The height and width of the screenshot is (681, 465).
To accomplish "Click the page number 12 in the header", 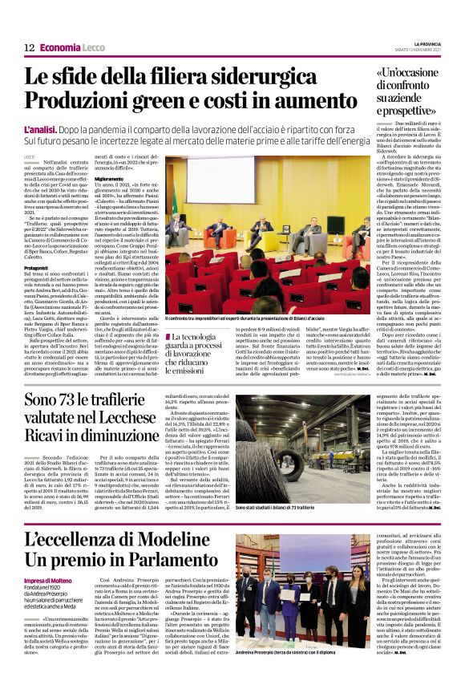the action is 29,47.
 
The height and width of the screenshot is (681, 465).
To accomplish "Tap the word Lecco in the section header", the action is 93,47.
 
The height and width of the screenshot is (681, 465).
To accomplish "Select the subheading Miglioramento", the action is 112,179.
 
